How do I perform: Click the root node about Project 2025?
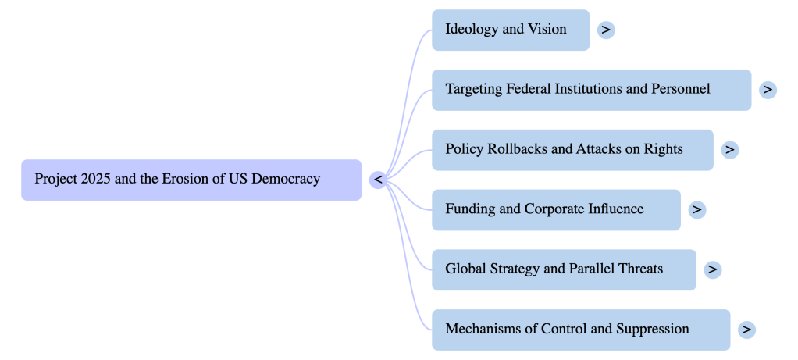(x=191, y=180)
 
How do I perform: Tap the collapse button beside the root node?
(x=378, y=180)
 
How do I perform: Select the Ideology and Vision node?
(x=510, y=30)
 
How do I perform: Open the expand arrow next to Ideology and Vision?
(x=606, y=30)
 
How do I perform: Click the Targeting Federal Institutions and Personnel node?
(x=591, y=90)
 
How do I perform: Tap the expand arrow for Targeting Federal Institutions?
(x=768, y=90)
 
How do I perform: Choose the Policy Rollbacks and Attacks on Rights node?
(x=572, y=149)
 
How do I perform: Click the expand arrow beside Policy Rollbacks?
(x=729, y=149)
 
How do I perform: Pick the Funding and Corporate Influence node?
(x=556, y=209)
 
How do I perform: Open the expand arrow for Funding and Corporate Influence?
(x=697, y=209)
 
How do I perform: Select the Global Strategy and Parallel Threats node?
(x=564, y=269)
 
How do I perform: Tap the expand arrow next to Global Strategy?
(x=712, y=269)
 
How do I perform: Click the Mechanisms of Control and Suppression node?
(x=580, y=330)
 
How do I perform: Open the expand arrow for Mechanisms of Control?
(x=746, y=330)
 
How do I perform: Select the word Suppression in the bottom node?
(x=653, y=329)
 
